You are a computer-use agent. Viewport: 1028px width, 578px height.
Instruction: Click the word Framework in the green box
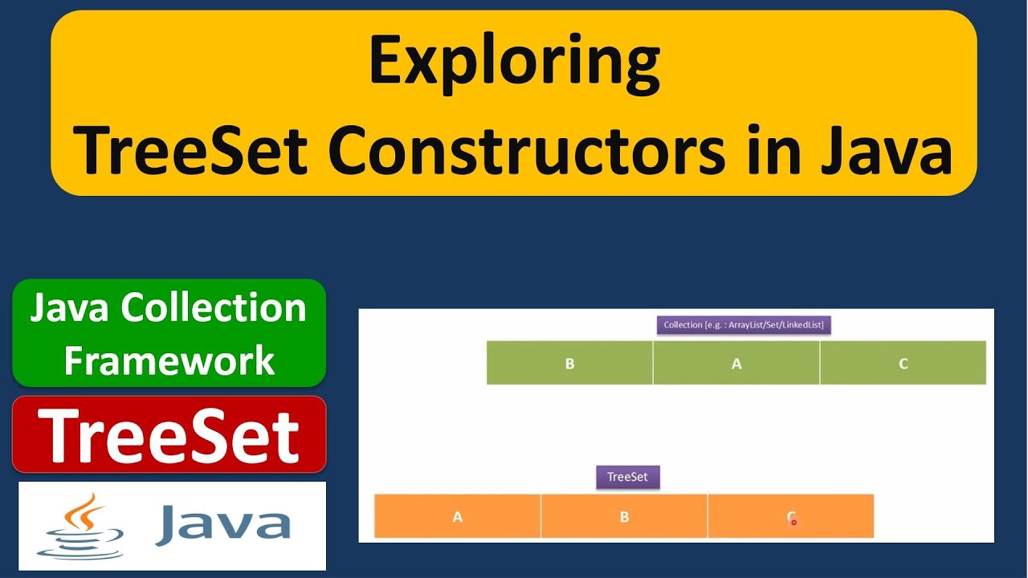click(169, 360)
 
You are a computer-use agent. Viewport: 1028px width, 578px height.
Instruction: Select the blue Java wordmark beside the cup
click(223, 524)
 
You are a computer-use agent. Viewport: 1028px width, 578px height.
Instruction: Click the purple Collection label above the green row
click(744, 325)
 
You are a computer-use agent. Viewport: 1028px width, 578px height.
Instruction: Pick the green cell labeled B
click(569, 363)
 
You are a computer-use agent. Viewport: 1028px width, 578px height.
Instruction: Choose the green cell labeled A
click(736, 363)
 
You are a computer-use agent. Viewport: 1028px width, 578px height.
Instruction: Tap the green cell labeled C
click(903, 363)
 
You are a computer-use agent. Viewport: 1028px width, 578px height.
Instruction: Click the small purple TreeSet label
click(627, 477)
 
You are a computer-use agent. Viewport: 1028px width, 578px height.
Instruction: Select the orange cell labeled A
click(458, 516)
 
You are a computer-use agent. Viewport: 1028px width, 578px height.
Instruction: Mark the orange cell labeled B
click(624, 516)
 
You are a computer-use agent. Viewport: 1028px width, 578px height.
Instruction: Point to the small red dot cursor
click(794, 522)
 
